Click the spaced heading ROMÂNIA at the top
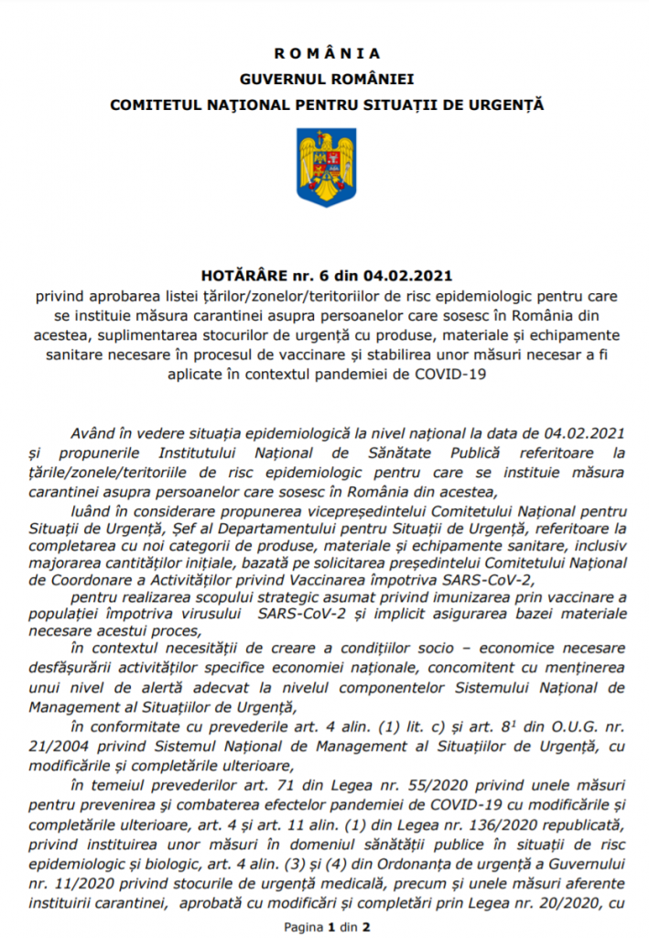[327, 53]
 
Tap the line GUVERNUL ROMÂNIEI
[327, 79]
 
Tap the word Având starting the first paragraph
[88, 432]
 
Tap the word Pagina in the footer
[304, 925]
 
